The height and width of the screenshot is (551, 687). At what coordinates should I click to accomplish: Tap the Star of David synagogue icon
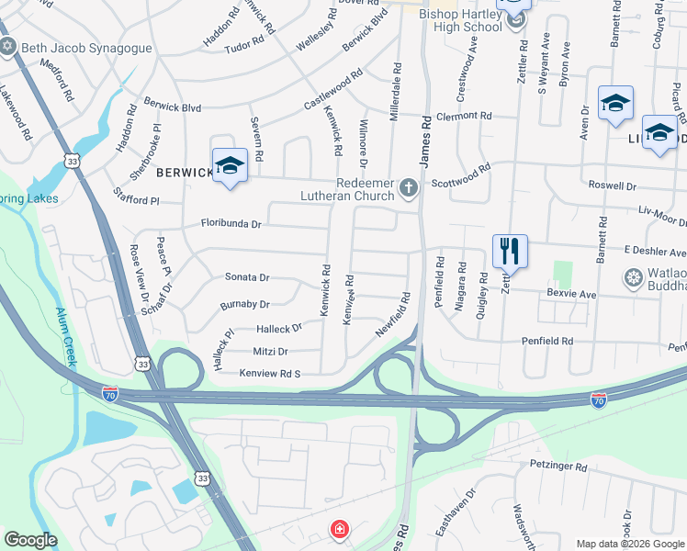click(x=9, y=46)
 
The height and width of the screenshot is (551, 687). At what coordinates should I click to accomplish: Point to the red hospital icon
click(x=340, y=529)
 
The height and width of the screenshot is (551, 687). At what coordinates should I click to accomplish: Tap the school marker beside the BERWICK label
click(x=230, y=165)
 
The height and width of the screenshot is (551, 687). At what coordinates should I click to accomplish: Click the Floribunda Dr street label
click(x=231, y=223)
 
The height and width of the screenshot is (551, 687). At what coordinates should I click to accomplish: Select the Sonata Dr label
click(x=247, y=276)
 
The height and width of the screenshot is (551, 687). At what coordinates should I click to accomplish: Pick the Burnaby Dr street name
click(x=244, y=304)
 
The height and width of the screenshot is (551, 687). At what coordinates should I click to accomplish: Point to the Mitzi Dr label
click(x=270, y=351)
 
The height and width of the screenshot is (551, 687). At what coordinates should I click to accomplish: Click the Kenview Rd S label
click(x=270, y=373)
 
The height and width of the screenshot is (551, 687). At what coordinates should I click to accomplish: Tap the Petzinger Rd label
click(x=557, y=467)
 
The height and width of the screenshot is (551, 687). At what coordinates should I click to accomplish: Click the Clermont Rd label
click(x=465, y=116)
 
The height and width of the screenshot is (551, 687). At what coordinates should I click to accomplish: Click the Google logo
click(x=30, y=540)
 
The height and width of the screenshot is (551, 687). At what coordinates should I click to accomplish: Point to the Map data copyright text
click(x=629, y=544)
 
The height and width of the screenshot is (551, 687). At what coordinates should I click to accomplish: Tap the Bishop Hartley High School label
click(x=460, y=20)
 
